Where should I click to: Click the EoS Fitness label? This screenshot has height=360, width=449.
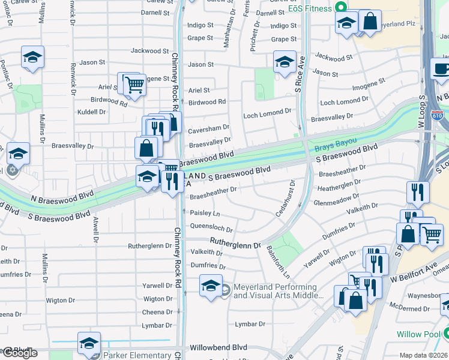(309, 8)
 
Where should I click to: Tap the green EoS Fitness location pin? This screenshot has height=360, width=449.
(341, 8)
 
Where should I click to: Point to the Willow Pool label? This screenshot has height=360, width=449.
(418, 334)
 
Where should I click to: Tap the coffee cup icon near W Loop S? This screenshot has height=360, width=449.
(441, 68)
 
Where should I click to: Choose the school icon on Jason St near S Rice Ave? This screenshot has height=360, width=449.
(285, 62)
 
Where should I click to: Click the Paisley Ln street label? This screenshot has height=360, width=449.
(205, 213)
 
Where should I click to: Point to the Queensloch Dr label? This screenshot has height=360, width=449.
(211, 227)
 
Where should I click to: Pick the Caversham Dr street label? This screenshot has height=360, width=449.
(209, 127)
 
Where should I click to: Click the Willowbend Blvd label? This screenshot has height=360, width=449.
(218, 347)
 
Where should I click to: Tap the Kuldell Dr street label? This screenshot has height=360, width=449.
(91, 112)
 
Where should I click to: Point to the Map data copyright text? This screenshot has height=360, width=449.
(424, 355)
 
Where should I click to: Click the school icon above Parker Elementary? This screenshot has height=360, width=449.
(89, 343)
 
